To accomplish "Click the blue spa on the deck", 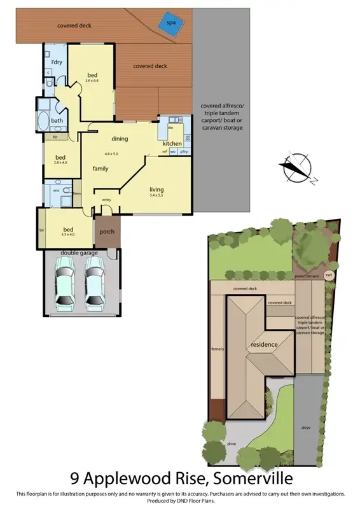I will click(170, 22).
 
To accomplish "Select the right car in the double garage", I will click(95, 284).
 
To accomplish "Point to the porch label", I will click(107, 231).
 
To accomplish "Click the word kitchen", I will click(172, 144).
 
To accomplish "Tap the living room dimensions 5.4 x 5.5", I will click(156, 195).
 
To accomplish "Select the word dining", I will click(120, 139).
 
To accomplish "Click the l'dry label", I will click(55, 62).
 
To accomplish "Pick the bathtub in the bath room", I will click(45, 121).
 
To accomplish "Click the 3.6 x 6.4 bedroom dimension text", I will click(93, 80).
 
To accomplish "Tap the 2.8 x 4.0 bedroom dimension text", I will click(60, 164).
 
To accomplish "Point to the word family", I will click(100, 169).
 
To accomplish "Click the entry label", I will click(106, 200).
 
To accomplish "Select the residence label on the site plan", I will click(264, 344).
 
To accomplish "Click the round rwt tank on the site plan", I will click(329, 275).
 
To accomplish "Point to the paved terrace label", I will click(307, 277).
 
